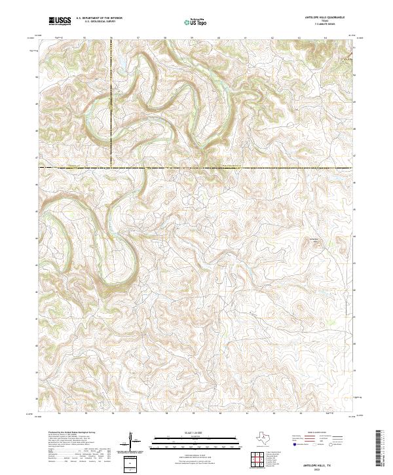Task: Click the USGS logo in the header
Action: (60, 22)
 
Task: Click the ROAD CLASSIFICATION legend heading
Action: (318, 432)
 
